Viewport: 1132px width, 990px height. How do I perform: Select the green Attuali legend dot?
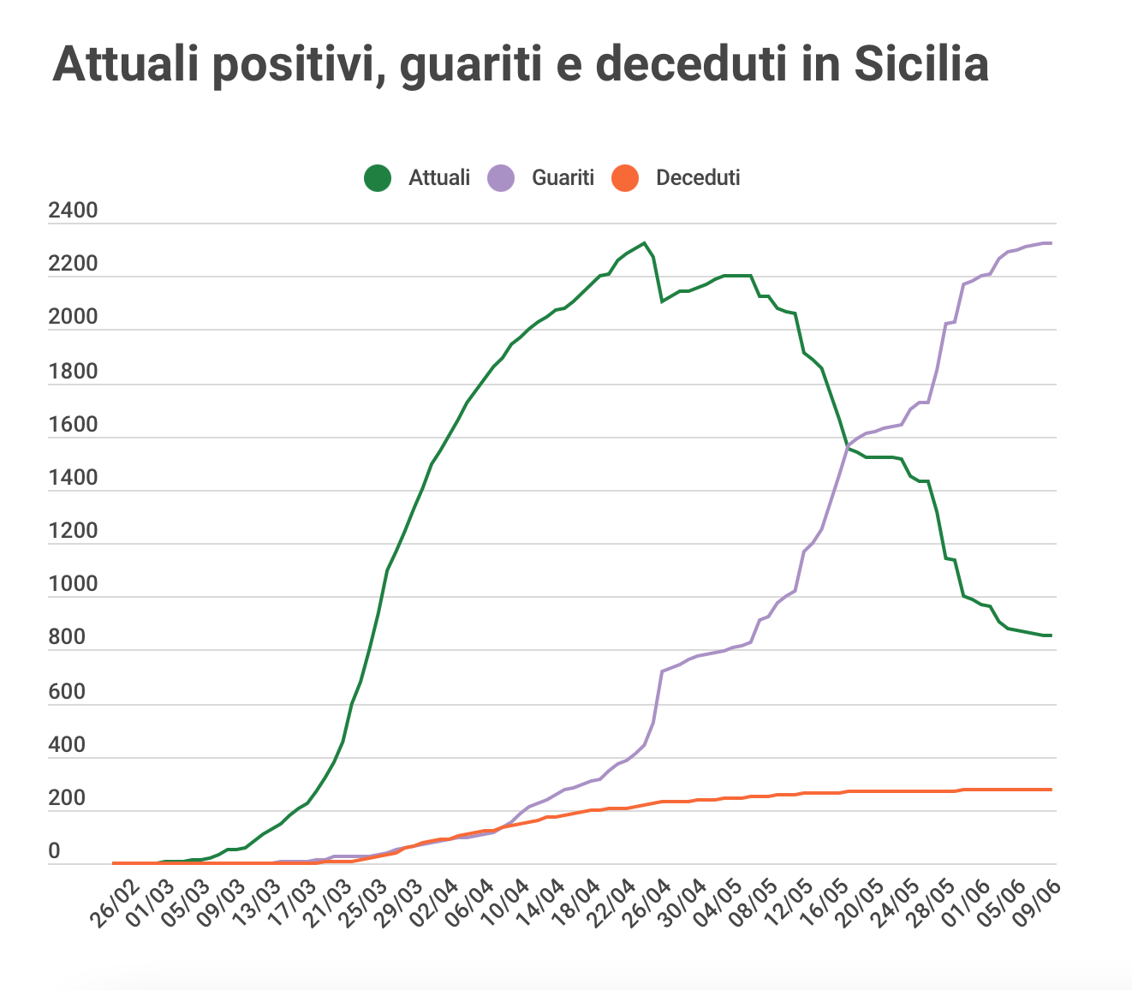(x=378, y=178)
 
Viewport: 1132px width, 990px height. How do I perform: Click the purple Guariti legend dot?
(x=501, y=178)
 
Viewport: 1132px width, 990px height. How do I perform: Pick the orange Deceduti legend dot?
(x=625, y=178)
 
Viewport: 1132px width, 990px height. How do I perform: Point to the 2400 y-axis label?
(x=73, y=211)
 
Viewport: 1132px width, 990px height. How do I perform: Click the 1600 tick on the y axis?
(x=73, y=425)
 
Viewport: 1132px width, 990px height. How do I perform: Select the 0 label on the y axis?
(x=54, y=851)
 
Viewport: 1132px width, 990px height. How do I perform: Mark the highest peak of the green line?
(x=645, y=243)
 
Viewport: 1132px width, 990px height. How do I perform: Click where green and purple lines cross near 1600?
(x=847, y=445)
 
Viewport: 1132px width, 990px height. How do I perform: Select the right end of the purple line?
(x=1051, y=243)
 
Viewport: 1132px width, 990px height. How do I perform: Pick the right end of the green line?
(x=1051, y=635)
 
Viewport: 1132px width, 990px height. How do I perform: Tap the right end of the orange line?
(x=1051, y=789)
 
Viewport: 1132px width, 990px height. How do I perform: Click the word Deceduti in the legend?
(x=697, y=178)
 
